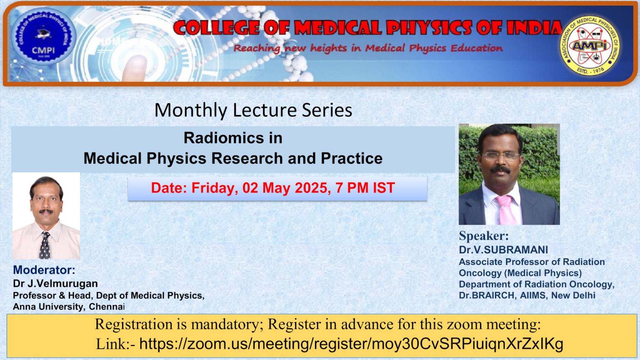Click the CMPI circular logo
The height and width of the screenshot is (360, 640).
point(43,38)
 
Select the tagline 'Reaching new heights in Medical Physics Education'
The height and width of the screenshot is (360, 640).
point(368,48)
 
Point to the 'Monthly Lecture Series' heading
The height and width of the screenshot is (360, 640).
point(253,110)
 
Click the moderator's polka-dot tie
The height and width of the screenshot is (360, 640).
point(45,246)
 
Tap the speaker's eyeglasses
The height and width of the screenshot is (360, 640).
point(500,156)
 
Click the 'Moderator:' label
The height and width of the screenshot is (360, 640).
point(44,270)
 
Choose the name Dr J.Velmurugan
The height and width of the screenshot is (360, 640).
point(55,284)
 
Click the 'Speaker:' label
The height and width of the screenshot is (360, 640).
point(484,236)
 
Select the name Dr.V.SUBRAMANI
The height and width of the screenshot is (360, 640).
point(503,250)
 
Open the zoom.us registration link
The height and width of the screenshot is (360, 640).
point(351,344)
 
